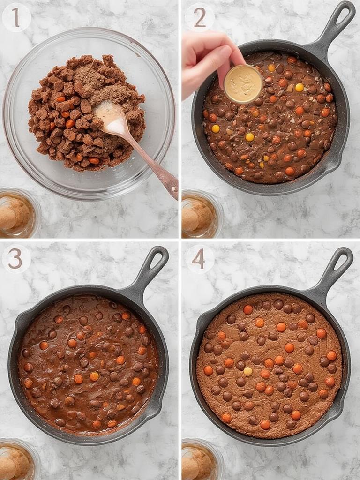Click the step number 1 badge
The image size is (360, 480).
pyautogui.click(x=16, y=17)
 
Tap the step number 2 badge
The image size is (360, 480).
pyautogui.click(x=199, y=17)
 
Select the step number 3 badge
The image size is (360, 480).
pyautogui.click(x=15, y=258)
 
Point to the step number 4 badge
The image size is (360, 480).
pyautogui.click(x=199, y=258)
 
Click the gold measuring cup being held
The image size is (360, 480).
pyautogui.click(x=243, y=84)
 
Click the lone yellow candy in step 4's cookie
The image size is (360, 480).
pyautogui.click(x=247, y=371)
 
